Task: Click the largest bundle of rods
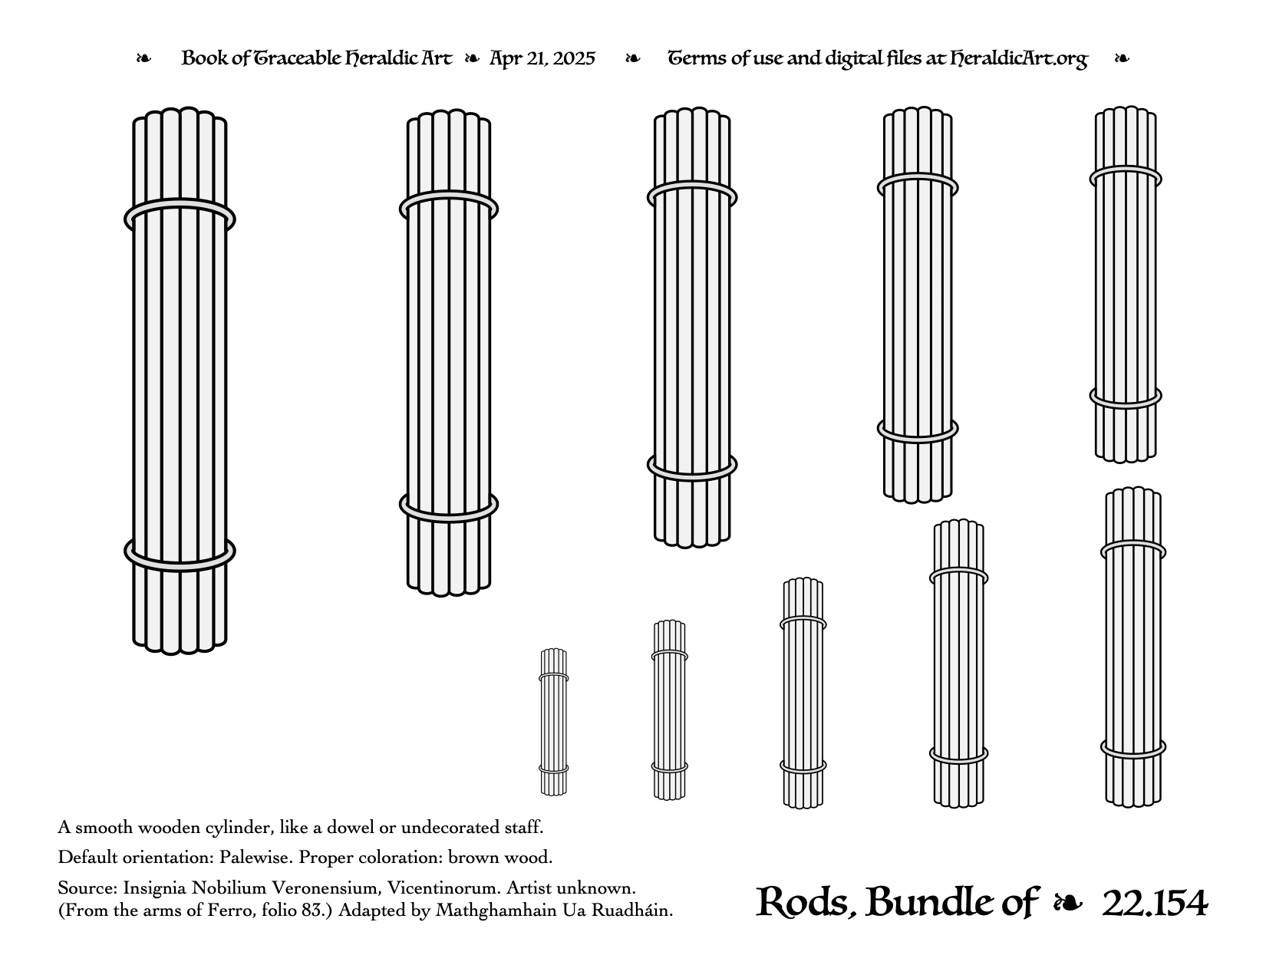[180, 381]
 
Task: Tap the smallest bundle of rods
[553, 722]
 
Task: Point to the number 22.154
[1155, 904]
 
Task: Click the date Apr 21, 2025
[542, 58]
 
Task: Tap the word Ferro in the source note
[225, 910]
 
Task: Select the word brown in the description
[473, 858]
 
